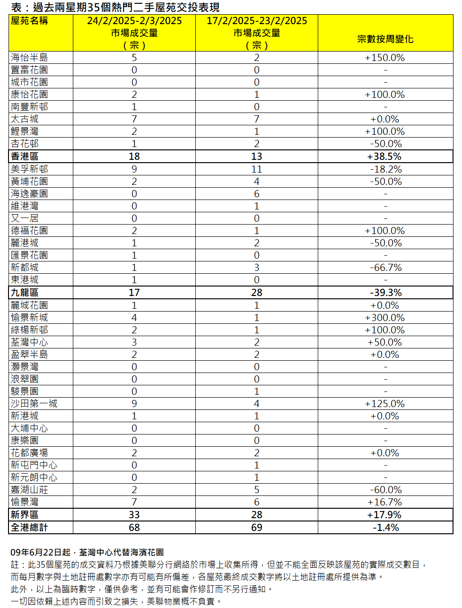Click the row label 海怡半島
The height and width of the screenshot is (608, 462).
pos(29,58)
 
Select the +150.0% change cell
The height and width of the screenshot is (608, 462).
pos(385,58)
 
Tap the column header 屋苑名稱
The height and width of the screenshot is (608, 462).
pos(29,21)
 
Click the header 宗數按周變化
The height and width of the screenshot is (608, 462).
pos(385,39)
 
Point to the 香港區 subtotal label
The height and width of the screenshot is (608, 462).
pos(25,156)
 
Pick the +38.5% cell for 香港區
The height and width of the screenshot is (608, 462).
pos(384,156)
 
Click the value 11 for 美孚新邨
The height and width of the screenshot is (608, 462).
pos(256,169)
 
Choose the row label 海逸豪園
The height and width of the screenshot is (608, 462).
pos(29,194)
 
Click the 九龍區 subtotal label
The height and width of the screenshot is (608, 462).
pos(25,293)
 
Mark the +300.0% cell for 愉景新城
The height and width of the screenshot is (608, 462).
pos(385,318)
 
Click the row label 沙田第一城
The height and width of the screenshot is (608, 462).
pos(34,404)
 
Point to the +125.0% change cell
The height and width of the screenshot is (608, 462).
pos(385,404)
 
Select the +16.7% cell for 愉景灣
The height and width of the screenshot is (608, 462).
pos(385,502)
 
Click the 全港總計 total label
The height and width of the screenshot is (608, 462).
pos(29,528)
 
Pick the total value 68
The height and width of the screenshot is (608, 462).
pos(134,528)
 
